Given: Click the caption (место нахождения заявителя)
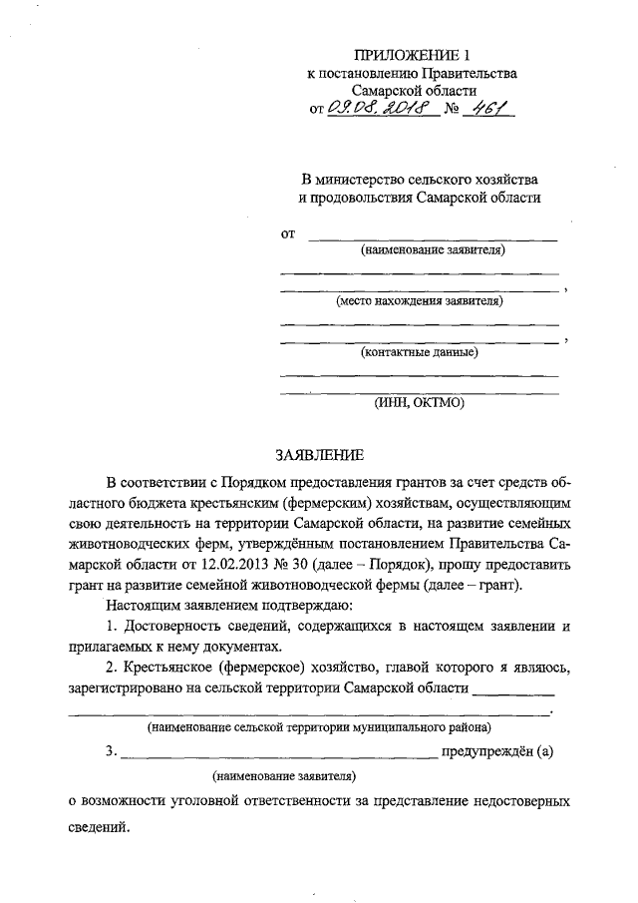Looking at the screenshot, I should (x=419, y=299).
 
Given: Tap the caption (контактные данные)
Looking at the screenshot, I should (x=419, y=351).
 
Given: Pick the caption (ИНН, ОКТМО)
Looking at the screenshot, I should (x=420, y=403).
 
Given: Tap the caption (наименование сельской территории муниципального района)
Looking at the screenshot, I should (x=318, y=728).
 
